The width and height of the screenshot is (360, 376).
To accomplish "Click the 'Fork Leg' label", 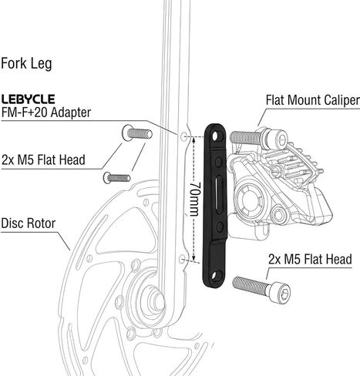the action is [26, 64].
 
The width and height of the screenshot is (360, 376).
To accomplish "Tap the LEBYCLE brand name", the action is [28, 99].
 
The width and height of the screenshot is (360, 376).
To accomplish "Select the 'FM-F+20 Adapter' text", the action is [46, 112].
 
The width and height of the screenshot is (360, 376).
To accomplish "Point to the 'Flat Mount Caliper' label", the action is [313, 100].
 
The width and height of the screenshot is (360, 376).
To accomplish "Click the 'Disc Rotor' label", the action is [29, 223].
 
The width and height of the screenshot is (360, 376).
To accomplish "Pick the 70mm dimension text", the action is [194, 199].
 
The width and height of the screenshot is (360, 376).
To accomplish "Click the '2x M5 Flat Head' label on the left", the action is [43, 159].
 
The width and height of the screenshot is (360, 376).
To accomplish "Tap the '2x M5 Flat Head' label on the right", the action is [310, 259].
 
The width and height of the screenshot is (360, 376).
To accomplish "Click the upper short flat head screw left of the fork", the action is [137, 133].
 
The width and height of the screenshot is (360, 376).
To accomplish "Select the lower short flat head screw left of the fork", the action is [117, 178].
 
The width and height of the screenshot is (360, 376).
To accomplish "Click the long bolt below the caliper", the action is [261, 290].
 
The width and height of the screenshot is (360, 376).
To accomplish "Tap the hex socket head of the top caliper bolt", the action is [281, 139].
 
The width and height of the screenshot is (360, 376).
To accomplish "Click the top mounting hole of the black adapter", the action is [215, 136].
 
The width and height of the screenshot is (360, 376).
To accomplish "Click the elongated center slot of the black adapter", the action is [218, 194].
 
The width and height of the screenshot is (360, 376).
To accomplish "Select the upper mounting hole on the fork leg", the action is [183, 137].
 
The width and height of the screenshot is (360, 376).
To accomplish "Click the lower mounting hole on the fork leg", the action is [182, 259].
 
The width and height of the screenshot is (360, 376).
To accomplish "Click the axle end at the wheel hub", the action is [156, 299].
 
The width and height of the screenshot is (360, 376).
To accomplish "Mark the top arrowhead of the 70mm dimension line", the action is [194, 139].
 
